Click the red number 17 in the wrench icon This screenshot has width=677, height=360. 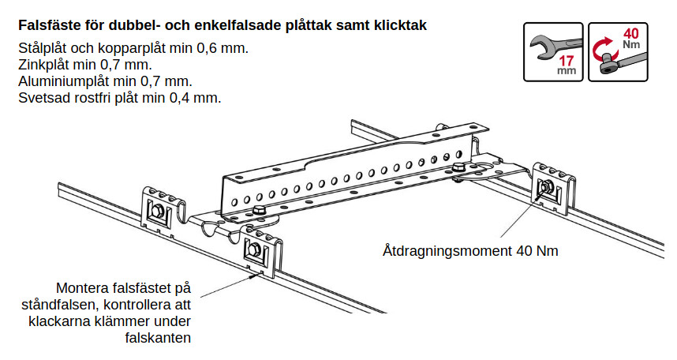pyautogui.click(x=566, y=61)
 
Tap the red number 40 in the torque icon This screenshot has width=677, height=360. pyautogui.click(x=630, y=34)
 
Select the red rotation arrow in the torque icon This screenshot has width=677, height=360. pyautogui.click(x=601, y=48)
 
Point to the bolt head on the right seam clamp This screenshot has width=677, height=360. pyautogui.click(x=545, y=187)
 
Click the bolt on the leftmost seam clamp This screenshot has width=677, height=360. pyautogui.click(x=156, y=211)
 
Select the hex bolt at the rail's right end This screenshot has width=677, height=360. pyautogui.click(x=458, y=168)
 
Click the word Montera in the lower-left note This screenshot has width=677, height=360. pyautogui.click(x=82, y=288)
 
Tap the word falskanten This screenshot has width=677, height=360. pyautogui.click(x=158, y=338)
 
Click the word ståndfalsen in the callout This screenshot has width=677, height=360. pyautogui.click(x=61, y=305)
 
